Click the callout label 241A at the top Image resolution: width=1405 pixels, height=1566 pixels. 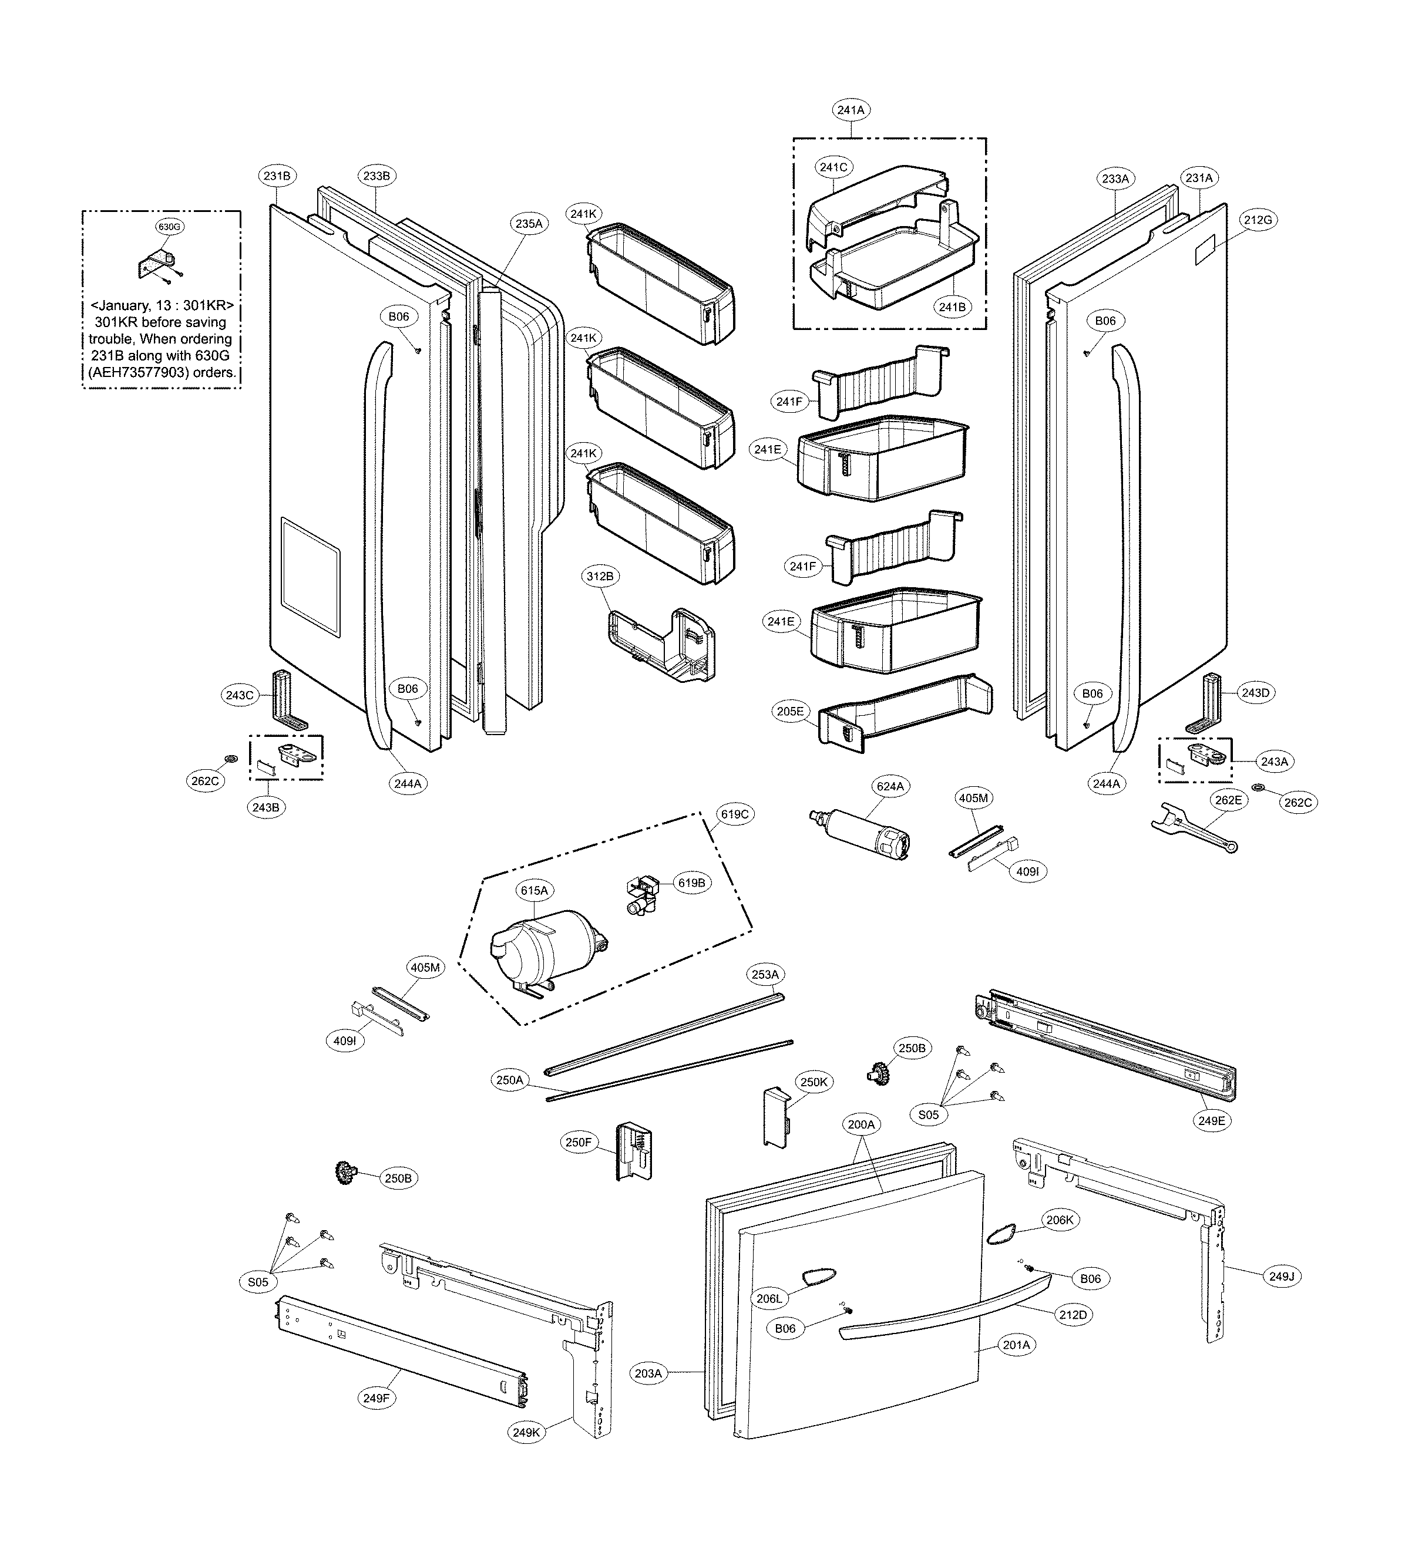851,110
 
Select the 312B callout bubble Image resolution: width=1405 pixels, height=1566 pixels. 600,576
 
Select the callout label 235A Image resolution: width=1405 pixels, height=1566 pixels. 529,224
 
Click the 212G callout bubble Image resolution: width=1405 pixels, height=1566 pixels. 1258,220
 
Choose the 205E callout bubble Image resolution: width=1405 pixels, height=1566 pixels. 790,712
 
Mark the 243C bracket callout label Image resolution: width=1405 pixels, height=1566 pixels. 238,695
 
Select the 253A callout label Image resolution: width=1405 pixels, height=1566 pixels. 765,974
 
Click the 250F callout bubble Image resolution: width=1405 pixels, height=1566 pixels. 577,1142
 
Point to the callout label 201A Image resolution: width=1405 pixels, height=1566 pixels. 1016,1345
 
